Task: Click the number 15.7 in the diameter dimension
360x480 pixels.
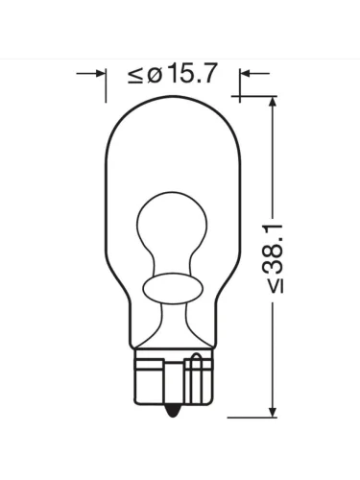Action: tap(193, 74)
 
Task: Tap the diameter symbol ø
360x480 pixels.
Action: tap(155, 76)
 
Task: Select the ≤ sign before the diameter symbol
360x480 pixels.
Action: tap(135, 76)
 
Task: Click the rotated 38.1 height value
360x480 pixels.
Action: tap(274, 250)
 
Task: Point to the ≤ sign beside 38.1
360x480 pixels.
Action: tap(276, 286)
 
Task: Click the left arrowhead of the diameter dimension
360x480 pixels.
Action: tap(100, 74)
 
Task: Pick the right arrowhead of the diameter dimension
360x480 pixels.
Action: tap(246, 74)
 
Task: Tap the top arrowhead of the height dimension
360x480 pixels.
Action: tap(273, 102)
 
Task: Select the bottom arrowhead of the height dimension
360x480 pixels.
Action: tap(273, 411)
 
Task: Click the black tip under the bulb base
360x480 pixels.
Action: tap(172, 410)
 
